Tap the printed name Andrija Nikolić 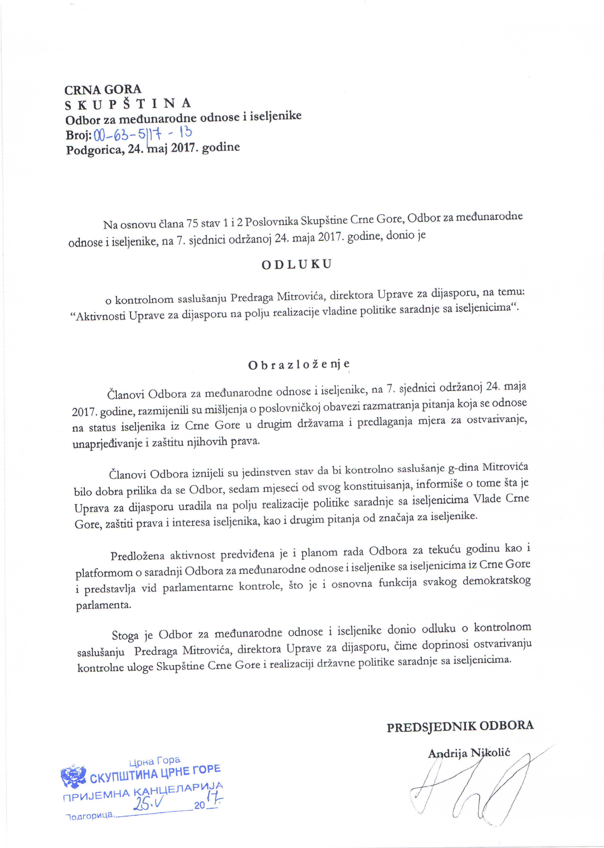point(469,753)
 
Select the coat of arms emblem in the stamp point(73,777)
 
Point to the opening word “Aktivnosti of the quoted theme point(98,316)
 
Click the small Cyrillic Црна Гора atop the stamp point(154,761)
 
